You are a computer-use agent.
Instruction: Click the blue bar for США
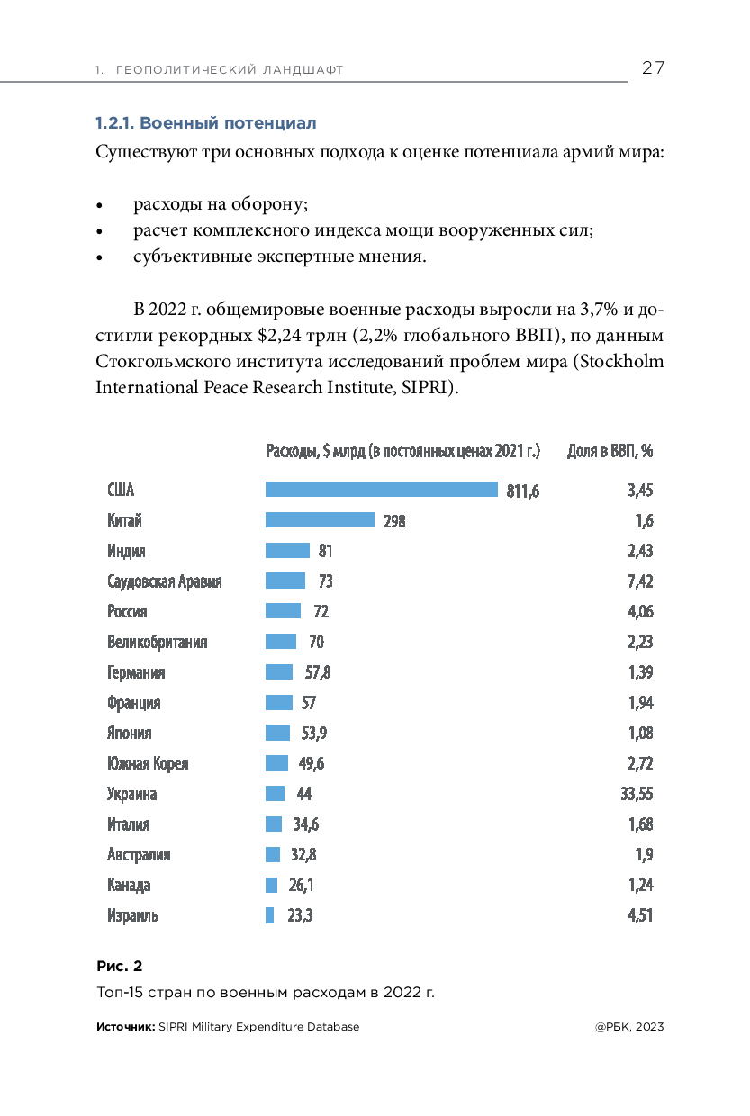click(x=381, y=490)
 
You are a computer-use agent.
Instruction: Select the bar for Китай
click(x=320, y=520)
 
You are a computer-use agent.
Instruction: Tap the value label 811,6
click(x=522, y=490)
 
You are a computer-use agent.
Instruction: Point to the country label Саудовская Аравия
click(x=164, y=581)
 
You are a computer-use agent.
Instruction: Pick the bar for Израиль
click(x=269, y=916)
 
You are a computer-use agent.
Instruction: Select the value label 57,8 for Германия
click(x=317, y=672)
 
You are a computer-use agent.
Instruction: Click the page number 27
click(x=653, y=68)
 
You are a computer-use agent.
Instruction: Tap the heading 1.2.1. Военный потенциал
click(x=206, y=122)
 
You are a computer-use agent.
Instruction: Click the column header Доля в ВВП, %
click(x=610, y=451)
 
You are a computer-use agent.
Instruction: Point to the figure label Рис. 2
click(x=119, y=967)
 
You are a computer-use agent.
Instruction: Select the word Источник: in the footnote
click(x=125, y=1027)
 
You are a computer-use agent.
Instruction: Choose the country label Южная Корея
click(x=148, y=764)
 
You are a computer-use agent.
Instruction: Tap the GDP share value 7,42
click(x=639, y=581)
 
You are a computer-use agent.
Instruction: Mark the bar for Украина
click(x=275, y=794)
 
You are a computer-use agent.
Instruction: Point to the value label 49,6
click(x=311, y=764)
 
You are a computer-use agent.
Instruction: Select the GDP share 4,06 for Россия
click(x=639, y=612)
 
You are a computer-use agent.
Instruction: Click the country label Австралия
click(x=139, y=855)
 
